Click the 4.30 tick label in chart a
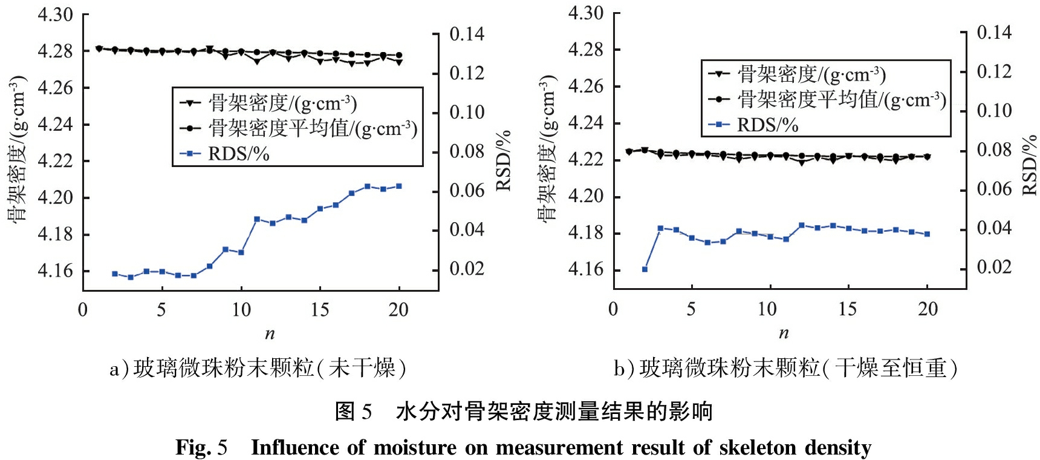tap(55, 15)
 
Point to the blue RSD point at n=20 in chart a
tap(399, 186)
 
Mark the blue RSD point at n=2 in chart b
tap(645, 269)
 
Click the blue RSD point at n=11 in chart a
tap(257, 219)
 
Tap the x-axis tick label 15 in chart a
tap(320, 310)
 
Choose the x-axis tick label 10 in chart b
tap(767, 309)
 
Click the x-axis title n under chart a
tap(270, 333)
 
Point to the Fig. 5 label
tap(201, 448)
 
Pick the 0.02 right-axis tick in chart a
tap(467, 269)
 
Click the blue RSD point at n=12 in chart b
tap(802, 225)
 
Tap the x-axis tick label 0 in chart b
tap(613, 309)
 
